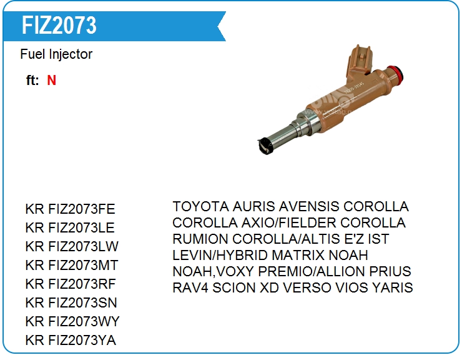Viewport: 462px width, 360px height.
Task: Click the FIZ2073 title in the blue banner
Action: [x=59, y=26]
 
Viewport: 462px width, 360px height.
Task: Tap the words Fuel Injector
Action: [x=56, y=54]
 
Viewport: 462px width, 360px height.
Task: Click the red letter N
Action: [x=52, y=80]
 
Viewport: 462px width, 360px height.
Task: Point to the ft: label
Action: [x=32, y=80]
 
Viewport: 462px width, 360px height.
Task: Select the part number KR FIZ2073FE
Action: [x=70, y=209]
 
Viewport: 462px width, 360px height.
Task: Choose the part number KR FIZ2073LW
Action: [x=72, y=246]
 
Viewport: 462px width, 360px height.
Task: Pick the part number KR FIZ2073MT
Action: [x=72, y=265]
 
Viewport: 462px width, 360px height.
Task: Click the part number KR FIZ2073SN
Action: [x=71, y=302]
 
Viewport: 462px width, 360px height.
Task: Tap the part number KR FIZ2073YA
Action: [x=71, y=340]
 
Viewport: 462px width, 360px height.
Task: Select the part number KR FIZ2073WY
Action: [x=72, y=321]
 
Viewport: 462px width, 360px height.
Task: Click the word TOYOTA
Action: [x=200, y=206]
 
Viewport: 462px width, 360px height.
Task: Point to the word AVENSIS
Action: [x=309, y=206]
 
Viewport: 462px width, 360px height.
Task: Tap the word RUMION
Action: [x=200, y=239]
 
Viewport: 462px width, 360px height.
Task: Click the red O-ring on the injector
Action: [x=396, y=74]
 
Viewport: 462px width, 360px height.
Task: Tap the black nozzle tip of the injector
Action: [x=265, y=146]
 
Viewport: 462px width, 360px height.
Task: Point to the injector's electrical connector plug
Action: [x=360, y=61]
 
